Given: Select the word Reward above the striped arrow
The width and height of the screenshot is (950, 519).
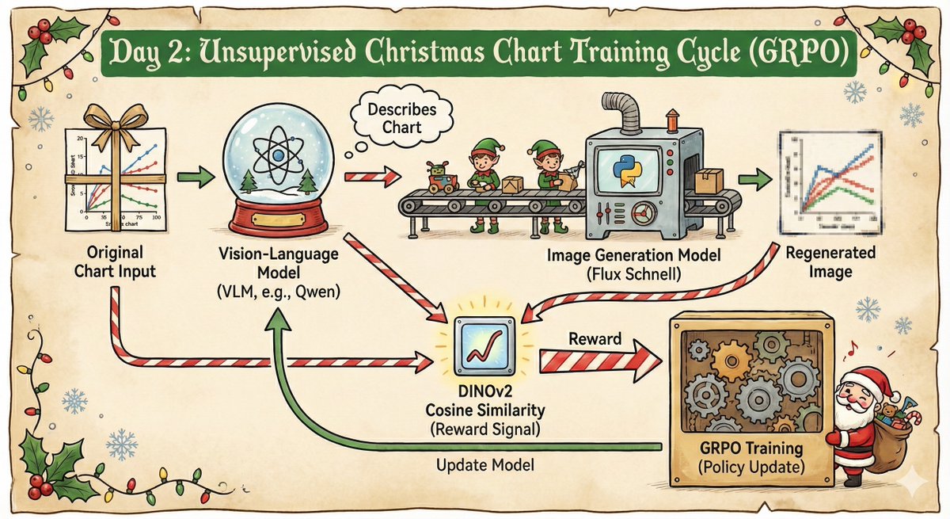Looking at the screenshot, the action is (x=595, y=338).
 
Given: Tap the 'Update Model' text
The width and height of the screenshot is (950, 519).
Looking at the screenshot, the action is (x=485, y=466).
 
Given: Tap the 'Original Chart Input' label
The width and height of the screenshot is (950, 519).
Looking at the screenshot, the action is (x=121, y=263).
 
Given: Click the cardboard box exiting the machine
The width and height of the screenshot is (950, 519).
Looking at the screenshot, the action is (x=709, y=182).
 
